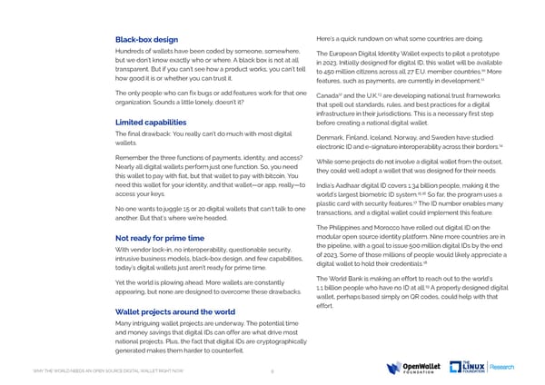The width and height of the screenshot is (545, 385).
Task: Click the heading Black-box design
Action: pyautogui.click(x=147, y=40)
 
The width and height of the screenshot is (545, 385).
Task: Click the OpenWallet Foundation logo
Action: pyautogui.click(x=416, y=368)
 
